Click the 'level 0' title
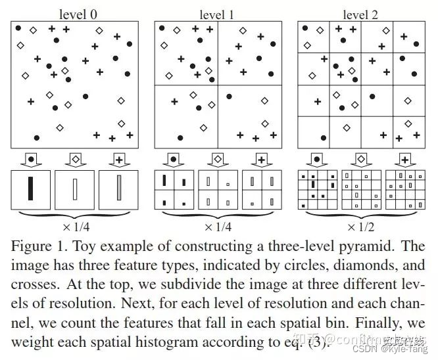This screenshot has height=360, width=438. tap(76, 14)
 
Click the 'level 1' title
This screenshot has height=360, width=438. tap(218, 14)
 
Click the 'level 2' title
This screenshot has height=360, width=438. tap(361, 14)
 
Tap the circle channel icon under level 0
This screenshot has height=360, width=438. tap(31, 158)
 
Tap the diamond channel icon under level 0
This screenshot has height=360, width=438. tap(76, 158)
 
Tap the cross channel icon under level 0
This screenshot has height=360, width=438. tap(118, 158)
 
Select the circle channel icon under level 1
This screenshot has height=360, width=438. tap(174, 158)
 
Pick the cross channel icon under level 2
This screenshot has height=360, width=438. tap(404, 158)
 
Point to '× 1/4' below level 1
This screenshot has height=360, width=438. tap(219, 228)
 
